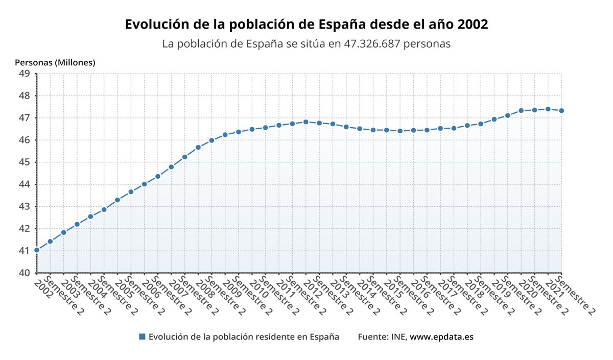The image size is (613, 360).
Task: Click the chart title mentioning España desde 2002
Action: [306, 24]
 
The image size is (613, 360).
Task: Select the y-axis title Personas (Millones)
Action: [55, 63]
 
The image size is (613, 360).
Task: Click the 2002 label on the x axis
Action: [43, 286]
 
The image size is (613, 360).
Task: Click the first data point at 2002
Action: [37, 250]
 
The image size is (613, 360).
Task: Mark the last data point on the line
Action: [561, 110]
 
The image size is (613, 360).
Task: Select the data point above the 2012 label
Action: [306, 122]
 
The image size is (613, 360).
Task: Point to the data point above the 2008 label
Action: [198, 148]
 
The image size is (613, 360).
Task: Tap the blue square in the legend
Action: [142, 337]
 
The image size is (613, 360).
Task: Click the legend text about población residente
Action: [244, 337]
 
